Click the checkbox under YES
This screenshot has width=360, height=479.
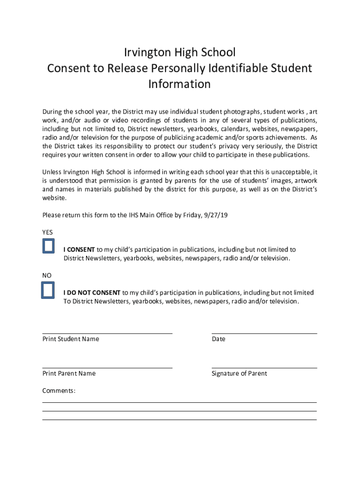click(x=49, y=246)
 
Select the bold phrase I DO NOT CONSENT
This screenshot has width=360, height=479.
click(x=92, y=293)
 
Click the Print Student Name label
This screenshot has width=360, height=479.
click(x=71, y=339)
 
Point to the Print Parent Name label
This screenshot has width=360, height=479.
click(x=69, y=373)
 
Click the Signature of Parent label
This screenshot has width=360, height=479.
click(x=239, y=373)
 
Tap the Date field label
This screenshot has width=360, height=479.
click(x=218, y=339)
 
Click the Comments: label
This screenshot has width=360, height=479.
click(x=59, y=391)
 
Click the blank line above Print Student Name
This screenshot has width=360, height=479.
click(x=107, y=333)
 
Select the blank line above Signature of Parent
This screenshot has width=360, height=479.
click(x=264, y=368)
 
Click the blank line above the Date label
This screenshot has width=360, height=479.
click(x=264, y=333)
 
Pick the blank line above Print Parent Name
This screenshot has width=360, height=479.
click(x=107, y=368)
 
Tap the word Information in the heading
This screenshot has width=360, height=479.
click(x=180, y=84)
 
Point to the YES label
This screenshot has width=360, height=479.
click(x=48, y=232)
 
